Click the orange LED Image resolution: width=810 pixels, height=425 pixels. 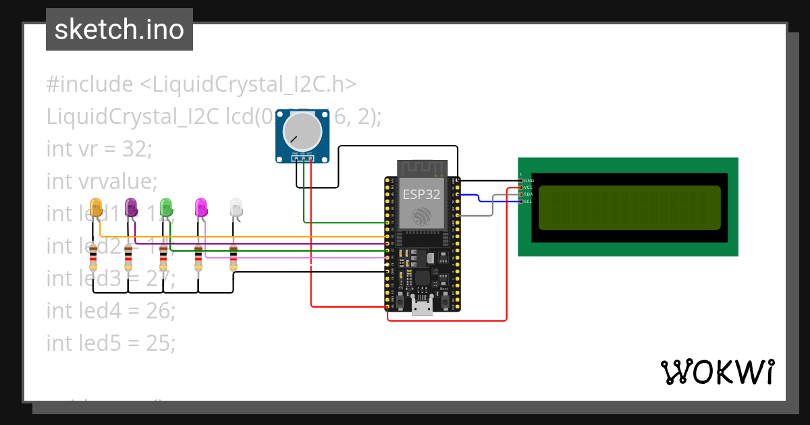pos(97,207)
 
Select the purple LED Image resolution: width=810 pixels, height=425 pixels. pos(132,207)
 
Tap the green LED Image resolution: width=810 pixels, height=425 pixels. pos(166,207)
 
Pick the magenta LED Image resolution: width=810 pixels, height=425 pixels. pos(201,207)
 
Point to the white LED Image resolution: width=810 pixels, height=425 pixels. pos(236,207)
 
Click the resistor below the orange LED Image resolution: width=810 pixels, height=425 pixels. pos(94,258)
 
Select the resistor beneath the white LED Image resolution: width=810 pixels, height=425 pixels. pos(234,258)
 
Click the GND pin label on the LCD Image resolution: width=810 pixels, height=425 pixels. pos(529,181)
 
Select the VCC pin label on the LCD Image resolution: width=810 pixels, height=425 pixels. pos(529,188)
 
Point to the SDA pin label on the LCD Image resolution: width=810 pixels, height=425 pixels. pos(529,194)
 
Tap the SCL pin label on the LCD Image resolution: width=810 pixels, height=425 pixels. pos(529,201)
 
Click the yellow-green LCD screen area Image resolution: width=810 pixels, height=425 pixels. pos(628,208)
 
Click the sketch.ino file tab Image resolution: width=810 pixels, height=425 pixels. pos(119,30)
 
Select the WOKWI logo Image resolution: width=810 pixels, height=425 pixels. pos(717,372)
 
